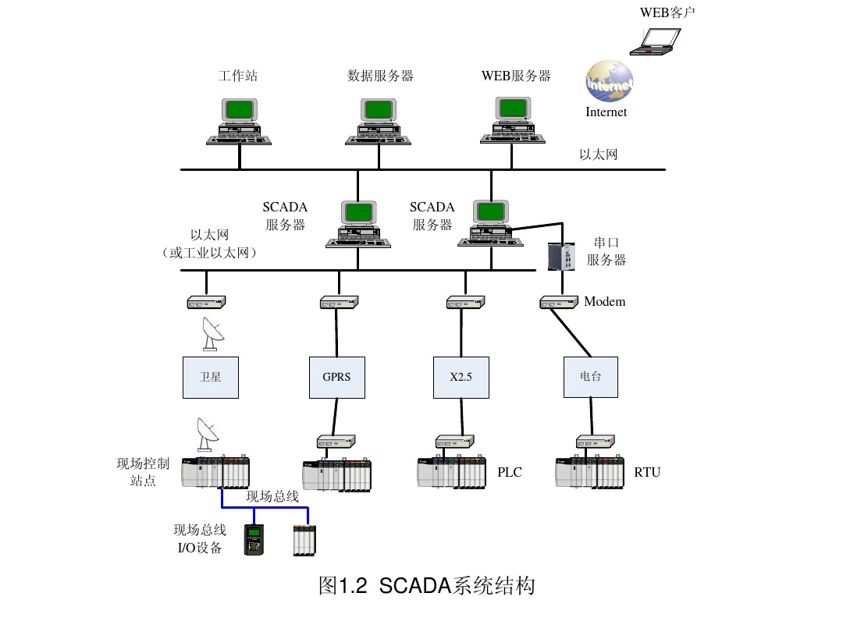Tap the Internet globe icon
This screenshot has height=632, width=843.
[609, 81]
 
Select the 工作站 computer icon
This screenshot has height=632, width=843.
[239, 122]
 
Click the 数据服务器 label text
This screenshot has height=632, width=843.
[380, 76]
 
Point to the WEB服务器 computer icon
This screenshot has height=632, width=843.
[513, 122]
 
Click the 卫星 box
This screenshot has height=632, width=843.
[211, 378]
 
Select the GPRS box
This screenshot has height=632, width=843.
[336, 378]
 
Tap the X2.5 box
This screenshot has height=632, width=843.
[461, 378]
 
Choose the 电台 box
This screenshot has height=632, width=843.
[590, 378]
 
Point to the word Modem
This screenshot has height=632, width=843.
[605, 301]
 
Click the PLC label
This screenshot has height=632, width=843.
[510, 472]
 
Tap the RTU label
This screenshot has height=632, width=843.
[647, 472]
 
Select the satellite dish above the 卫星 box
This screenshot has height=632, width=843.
[212, 334]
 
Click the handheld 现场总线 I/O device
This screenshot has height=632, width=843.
[254, 539]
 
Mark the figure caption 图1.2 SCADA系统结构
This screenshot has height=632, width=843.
[427, 586]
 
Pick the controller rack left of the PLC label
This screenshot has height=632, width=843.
[452, 472]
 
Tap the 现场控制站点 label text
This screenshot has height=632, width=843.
[143, 472]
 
